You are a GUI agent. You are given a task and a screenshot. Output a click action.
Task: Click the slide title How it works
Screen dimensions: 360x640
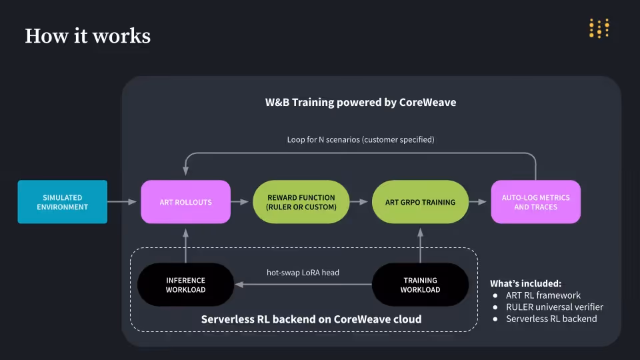(x=87, y=35)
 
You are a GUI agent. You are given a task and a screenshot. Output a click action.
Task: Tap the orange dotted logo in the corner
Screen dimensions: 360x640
(x=599, y=28)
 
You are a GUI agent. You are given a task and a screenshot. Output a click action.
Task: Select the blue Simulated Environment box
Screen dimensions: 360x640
(x=62, y=202)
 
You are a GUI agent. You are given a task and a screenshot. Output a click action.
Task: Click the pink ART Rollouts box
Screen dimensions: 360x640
(x=185, y=202)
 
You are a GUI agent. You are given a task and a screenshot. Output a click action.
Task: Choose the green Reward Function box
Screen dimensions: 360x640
(x=301, y=202)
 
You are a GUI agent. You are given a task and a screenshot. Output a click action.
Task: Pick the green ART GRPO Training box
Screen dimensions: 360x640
(x=420, y=202)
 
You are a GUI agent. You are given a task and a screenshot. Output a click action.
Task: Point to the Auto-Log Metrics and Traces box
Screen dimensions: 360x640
(x=535, y=202)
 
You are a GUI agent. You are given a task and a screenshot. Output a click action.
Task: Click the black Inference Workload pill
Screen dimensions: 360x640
(x=185, y=285)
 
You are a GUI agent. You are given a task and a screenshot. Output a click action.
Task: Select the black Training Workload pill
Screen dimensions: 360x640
(x=420, y=285)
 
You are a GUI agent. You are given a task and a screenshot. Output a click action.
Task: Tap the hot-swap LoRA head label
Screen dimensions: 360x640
(x=303, y=273)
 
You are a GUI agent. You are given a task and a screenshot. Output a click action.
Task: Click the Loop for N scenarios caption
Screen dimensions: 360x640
(x=361, y=140)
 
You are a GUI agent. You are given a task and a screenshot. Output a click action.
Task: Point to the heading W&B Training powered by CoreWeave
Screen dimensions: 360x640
(x=361, y=103)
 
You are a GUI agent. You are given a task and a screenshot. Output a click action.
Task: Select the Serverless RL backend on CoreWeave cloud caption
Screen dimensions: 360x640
(x=311, y=319)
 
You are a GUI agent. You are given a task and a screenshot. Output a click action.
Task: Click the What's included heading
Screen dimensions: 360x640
(x=525, y=283)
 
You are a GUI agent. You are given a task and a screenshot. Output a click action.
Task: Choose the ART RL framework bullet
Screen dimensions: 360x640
(x=543, y=295)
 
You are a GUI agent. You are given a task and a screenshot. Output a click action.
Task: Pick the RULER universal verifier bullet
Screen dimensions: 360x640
(x=554, y=307)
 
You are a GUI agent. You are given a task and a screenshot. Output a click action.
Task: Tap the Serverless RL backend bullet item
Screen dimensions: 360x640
(x=551, y=319)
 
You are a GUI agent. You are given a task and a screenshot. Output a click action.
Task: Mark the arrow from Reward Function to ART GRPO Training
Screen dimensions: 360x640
(x=360, y=201)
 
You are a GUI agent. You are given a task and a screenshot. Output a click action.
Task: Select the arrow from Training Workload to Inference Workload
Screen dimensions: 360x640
(x=303, y=285)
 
